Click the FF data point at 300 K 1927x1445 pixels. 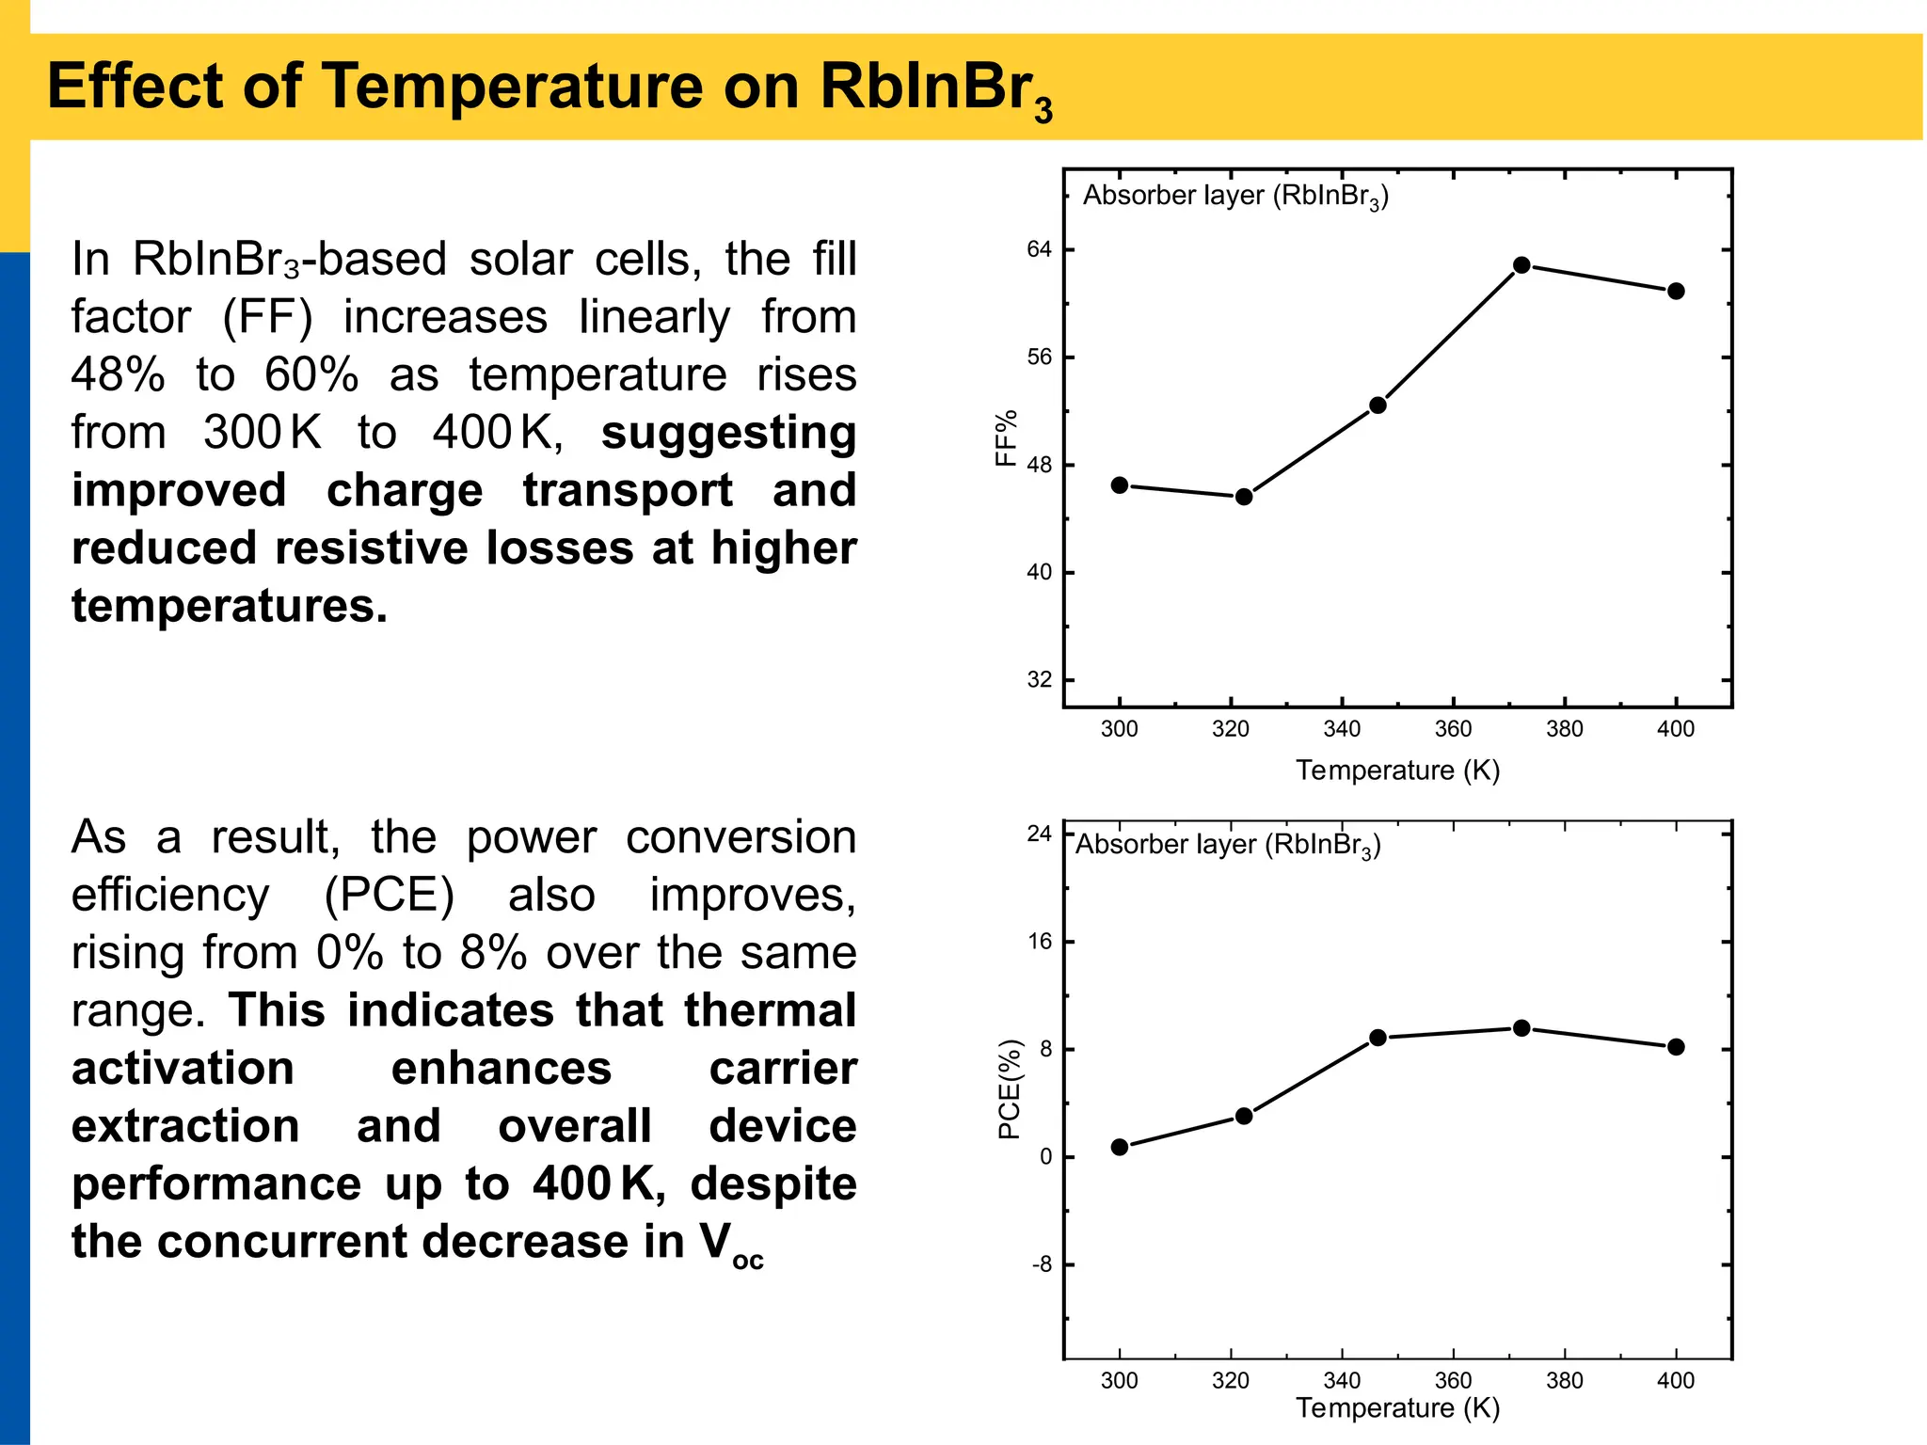[1120, 485]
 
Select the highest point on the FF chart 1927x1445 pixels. [1521, 265]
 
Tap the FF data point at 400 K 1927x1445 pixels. [1676, 292]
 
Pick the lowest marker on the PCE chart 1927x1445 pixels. [1120, 1147]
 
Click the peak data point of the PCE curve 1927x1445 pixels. [1521, 1028]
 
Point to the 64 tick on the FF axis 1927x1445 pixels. [1039, 249]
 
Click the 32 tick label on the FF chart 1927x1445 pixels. [1039, 679]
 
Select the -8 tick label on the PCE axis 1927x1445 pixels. [1041, 1264]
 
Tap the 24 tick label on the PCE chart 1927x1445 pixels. [1039, 834]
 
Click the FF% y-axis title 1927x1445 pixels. [1007, 437]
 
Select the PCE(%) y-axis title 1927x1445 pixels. [1009, 1089]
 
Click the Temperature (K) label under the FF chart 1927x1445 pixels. [1397, 770]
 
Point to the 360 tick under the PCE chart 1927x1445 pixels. [1453, 1380]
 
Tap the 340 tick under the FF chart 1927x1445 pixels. [1342, 729]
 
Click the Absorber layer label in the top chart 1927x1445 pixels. [1235, 196]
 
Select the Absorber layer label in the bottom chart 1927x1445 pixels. [1228, 845]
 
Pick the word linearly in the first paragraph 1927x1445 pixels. [654, 317]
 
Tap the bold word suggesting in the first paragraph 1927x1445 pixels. [728, 433]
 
